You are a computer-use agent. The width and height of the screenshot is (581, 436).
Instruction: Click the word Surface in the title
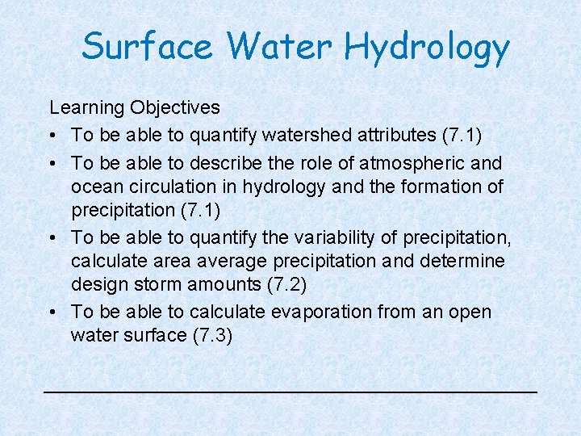point(148,46)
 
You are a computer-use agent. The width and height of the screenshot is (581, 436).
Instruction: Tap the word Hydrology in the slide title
point(427,48)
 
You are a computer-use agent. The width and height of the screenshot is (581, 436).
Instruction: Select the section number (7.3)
point(213,335)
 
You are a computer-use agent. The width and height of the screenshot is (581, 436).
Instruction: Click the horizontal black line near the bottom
point(290,391)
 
